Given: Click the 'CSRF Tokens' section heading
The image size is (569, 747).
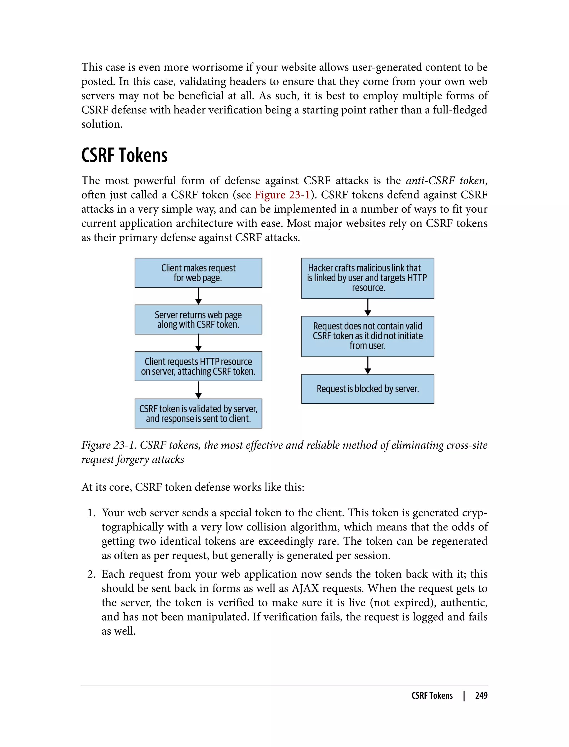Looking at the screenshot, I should [124, 156].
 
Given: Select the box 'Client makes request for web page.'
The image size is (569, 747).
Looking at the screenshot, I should [198, 273].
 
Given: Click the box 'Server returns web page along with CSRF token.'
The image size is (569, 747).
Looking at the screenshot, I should [198, 320].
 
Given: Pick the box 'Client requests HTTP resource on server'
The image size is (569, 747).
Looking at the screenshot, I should [198, 366].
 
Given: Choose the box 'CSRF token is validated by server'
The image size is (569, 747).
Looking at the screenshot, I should [198, 413].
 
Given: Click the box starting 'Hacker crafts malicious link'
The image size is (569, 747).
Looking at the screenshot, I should [368, 278].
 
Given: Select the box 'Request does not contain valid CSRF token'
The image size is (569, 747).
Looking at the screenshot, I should [368, 336].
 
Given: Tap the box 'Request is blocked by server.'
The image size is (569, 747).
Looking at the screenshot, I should [368, 389].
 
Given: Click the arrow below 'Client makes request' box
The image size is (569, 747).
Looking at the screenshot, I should [198, 296].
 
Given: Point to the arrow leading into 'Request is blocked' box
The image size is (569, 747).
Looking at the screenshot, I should [368, 365].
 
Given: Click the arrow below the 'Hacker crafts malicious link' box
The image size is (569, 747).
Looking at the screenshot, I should [368, 307].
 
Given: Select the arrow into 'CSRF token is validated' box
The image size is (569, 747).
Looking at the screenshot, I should [198, 390].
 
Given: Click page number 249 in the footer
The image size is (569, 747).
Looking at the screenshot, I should [481, 696].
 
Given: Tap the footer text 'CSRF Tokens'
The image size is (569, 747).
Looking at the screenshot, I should [432, 696].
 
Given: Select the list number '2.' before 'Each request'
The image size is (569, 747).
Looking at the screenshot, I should [91, 574].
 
